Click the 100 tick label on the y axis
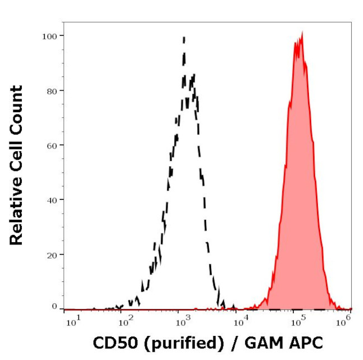pos(50,36)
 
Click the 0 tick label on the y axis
pos(55,306)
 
